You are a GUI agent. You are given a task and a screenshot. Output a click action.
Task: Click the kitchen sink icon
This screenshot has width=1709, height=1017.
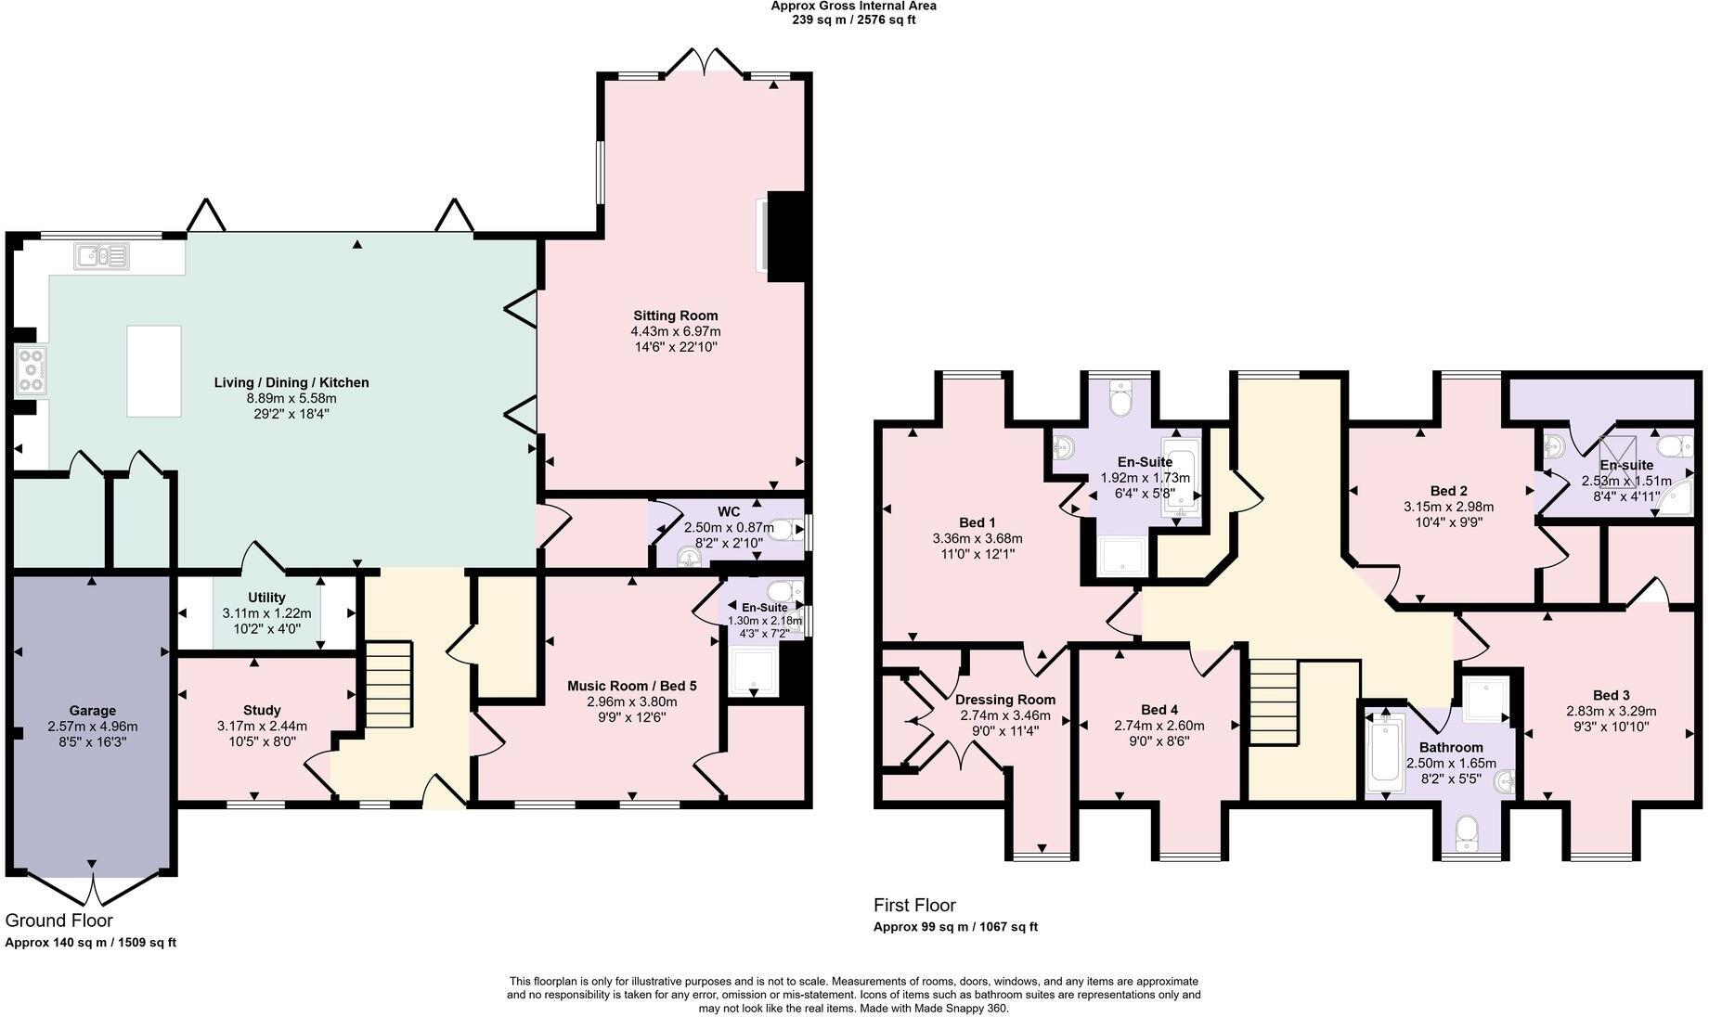[102, 255]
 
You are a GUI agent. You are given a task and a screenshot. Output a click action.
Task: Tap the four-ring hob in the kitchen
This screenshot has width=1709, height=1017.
[31, 370]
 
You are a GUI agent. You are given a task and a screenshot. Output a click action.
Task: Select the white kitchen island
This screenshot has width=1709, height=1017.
[154, 371]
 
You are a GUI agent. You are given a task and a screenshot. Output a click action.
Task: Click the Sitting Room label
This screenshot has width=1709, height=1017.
[675, 315]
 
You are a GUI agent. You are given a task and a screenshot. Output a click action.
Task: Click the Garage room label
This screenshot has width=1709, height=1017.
[92, 711]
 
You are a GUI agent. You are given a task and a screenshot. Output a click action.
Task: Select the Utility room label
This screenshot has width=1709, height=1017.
[266, 598]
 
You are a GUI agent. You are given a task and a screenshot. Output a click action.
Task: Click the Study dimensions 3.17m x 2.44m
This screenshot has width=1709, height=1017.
[262, 726]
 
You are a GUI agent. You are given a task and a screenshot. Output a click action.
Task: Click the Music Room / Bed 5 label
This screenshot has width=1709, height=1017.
[631, 686]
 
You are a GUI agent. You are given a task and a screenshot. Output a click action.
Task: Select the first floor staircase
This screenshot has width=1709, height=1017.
[1271, 701]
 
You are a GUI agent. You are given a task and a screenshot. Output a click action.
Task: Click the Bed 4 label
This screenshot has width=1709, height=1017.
[1159, 710]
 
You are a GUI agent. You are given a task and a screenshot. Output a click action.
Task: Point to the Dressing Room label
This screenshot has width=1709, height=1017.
[1004, 700]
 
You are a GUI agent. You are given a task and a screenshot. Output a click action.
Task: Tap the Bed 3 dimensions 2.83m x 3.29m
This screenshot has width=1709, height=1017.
[1611, 711]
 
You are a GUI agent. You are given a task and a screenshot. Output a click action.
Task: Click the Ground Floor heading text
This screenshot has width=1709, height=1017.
[59, 920]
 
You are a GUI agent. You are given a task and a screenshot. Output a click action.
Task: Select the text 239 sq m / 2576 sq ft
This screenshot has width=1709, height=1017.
[853, 19]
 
